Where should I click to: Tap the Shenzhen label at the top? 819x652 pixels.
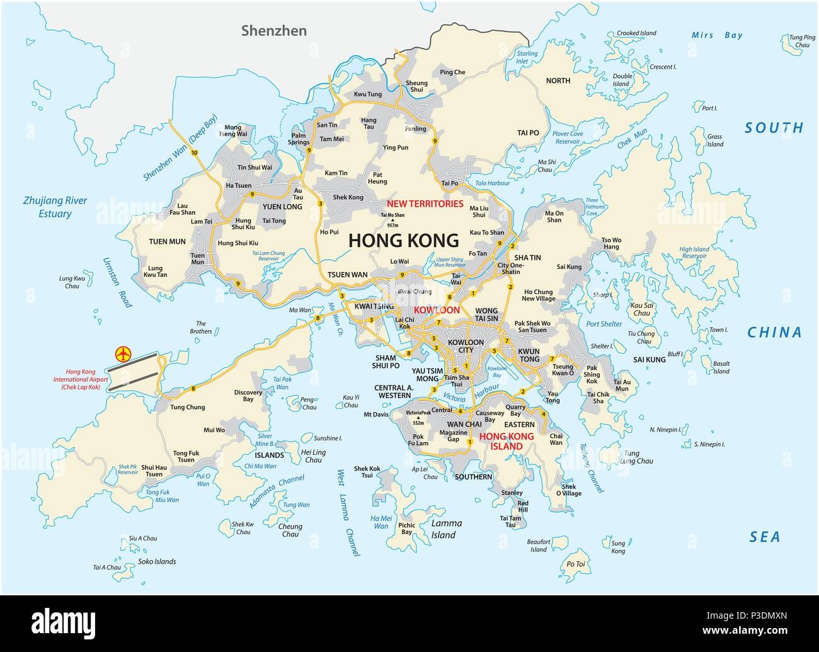(275, 30)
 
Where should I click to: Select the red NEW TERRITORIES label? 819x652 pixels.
(425, 203)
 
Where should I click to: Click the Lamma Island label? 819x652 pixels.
(446, 529)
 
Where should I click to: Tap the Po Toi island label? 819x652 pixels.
(575, 564)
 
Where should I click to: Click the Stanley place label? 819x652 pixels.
(512, 492)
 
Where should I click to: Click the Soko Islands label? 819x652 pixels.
(156, 561)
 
